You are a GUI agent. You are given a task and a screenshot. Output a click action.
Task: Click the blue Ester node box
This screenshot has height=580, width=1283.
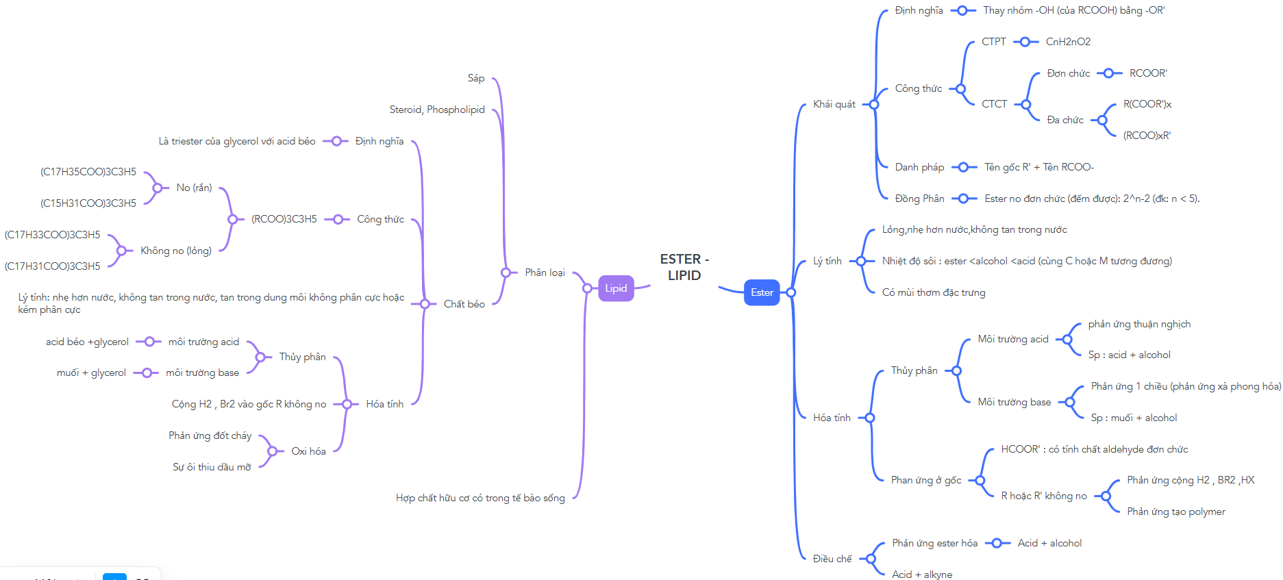pyautogui.click(x=762, y=292)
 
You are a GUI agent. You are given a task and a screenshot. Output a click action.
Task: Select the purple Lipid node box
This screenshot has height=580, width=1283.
pyautogui.click(x=616, y=288)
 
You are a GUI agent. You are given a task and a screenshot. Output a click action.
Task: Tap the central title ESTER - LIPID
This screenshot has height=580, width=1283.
pyautogui.click(x=684, y=267)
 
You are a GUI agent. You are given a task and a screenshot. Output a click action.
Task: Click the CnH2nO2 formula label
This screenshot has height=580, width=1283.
pyautogui.click(x=1068, y=42)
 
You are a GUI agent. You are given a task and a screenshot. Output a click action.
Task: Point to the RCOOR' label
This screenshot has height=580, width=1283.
pyautogui.click(x=1148, y=73)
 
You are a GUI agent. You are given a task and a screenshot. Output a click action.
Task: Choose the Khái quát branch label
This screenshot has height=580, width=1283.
pyautogui.click(x=834, y=104)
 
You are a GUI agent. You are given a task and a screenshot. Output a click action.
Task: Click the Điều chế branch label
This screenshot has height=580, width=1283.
pyautogui.click(x=832, y=559)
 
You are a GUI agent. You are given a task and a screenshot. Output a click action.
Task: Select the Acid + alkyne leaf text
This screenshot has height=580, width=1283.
pyautogui.click(x=922, y=575)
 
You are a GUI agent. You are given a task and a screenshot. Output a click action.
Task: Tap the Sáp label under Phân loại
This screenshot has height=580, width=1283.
pyautogui.click(x=476, y=78)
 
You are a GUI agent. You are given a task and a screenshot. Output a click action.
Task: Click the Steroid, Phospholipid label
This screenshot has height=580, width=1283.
pyautogui.click(x=437, y=110)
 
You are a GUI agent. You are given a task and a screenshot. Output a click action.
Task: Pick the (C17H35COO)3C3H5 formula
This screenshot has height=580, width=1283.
pyautogui.click(x=88, y=172)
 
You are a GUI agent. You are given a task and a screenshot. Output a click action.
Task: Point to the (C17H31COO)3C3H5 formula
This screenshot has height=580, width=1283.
pyautogui.click(x=53, y=266)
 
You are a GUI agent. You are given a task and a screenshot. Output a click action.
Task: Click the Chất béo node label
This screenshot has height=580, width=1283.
pyautogui.click(x=464, y=304)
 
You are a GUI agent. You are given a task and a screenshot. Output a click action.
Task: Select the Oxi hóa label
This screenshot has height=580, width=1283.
pyautogui.click(x=308, y=451)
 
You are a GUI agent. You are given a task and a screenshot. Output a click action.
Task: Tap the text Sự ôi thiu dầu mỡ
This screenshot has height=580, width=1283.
pyautogui.click(x=212, y=467)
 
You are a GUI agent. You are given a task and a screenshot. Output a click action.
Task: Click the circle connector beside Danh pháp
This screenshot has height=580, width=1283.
pyautogui.click(x=964, y=167)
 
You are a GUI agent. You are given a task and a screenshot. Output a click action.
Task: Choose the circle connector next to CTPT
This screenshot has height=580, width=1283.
pyautogui.click(x=1025, y=42)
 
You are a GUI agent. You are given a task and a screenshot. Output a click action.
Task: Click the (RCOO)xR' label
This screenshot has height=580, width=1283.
pyautogui.click(x=1147, y=136)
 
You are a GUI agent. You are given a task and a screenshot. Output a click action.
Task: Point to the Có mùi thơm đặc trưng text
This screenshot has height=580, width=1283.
pyautogui.click(x=934, y=292)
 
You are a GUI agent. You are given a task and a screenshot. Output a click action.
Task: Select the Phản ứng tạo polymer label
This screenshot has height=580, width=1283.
pyautogui.click(x=1176, y=512)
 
